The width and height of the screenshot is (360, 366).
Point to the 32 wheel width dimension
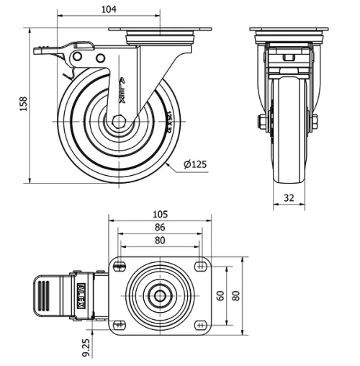coord(287,197)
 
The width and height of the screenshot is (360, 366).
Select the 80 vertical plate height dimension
coord(235,295)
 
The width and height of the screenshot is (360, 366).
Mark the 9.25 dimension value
coord(86,347)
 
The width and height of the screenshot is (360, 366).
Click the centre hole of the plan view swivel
coord(159,295)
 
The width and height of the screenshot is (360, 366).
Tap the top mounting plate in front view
coord(289,30)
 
